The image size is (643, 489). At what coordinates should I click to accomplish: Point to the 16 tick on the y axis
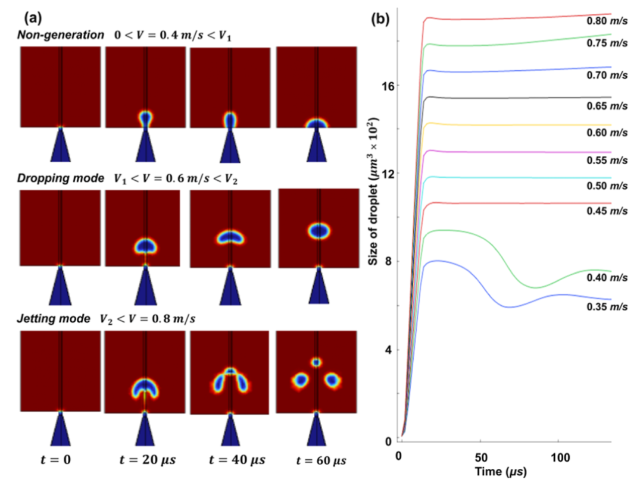pyautogui.click(x=386, y=86)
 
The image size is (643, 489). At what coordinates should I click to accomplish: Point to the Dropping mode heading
pyautogui.click(x=51, y=178)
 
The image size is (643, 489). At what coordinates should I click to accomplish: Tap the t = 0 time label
pyautogui.click(x=60, y=461)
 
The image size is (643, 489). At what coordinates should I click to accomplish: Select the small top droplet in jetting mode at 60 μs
pyautogui.click(x=316, y=362)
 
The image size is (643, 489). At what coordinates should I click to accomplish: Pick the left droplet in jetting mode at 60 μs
pyautogui.click(x=301, y=379)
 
